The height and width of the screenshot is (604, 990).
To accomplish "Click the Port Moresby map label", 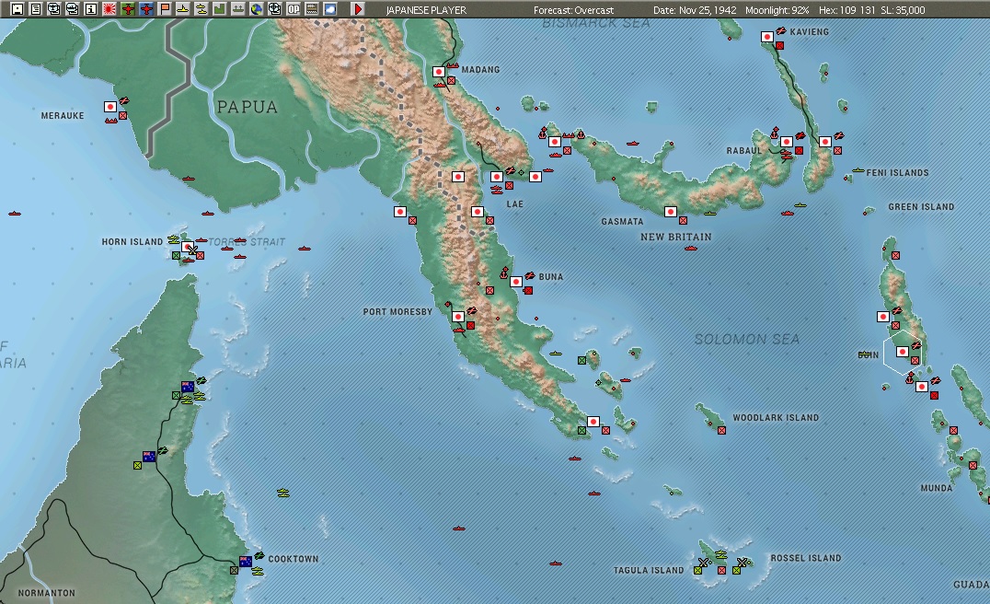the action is pyautogui.click(x=397, y=312).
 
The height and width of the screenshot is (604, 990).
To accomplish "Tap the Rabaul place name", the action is pyautogui.click(x=744, y=150).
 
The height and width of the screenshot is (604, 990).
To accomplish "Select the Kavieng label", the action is pyautogui.click(x=809, y=32).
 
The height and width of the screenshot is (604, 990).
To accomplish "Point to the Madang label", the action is pyautogui.click(x=479, y=70).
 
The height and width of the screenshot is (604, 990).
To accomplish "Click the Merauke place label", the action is pyautogui.click(x=63, y=116).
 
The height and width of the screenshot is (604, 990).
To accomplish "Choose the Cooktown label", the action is pyautogui.click(x=293, y=559).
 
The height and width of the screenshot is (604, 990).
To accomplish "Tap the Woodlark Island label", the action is pyautogui.click(x=776, y=418).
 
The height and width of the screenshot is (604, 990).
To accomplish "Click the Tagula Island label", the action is pyautogui.click(x=649, y=571).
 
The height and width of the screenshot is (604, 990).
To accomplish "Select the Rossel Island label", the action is pyautogui.click(x=805, y=558).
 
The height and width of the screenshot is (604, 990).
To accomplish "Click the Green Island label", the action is pyautogui.click(x=921, y=207).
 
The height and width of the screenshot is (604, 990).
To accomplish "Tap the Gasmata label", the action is pyautogui.click(x=622, y=222).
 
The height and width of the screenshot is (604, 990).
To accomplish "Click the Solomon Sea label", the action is pyautogui.click(x=746, y=339).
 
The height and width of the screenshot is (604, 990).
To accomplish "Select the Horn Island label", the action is pyautogui.click(x=132, y=242).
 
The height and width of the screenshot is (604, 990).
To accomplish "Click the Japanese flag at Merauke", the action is pyautogui.click(x=109, y=107).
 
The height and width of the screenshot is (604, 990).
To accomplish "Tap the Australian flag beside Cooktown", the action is pyautogui.click(x=246, y=561).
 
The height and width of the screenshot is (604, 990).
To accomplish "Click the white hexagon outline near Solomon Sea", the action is pyautogui.click(x=903, y=351).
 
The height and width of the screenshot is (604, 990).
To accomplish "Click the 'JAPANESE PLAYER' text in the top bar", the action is pyautogui.click(x=426, y=10).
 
